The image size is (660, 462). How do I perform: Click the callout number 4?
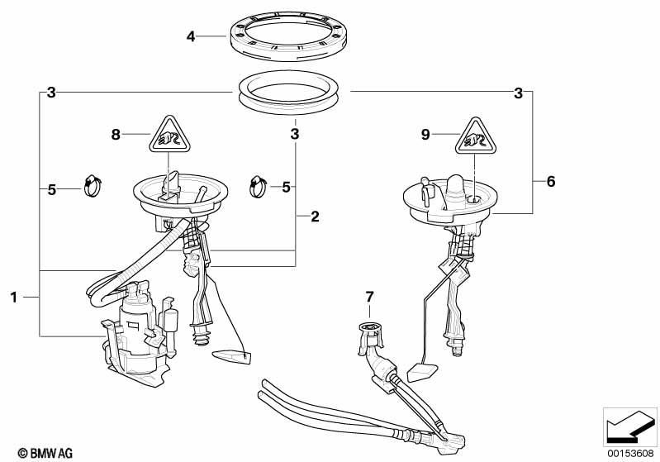(192, 36)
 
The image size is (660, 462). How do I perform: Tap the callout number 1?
(14, 295)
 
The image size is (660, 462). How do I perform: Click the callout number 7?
(369, 296)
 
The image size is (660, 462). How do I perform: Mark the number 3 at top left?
(51, 93)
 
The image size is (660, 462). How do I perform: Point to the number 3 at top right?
(519, 93)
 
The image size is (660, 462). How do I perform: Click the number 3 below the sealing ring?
(294, 132)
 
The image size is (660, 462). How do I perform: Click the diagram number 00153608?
(632, 453)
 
